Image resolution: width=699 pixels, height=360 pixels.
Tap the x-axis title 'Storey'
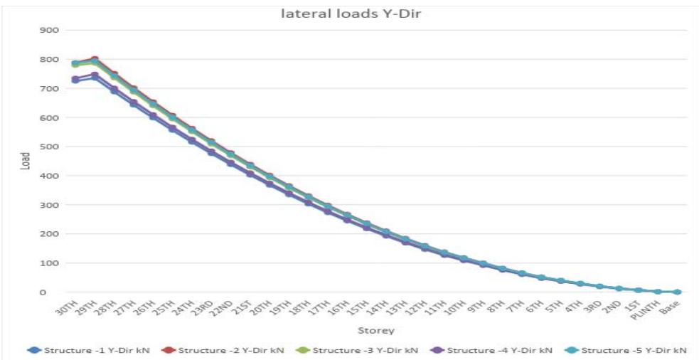click(376, 330)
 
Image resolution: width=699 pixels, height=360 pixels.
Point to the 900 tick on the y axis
click(48, 30)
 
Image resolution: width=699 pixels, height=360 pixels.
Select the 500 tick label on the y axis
click(48, 147)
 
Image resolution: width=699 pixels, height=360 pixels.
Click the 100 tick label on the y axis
click(48, 263)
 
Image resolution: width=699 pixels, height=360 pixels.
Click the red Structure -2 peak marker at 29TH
click(95, 60)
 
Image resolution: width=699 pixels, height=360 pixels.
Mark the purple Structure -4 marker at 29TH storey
click(95, 75)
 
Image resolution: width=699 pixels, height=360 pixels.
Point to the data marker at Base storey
click(677, 292)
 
